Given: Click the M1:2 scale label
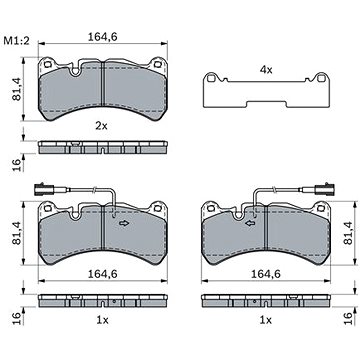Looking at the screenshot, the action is click(17, 41).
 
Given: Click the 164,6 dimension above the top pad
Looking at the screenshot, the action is click(103, 37).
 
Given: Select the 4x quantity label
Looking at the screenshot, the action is click(266, 70).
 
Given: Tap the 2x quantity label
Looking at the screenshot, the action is click(101, 126).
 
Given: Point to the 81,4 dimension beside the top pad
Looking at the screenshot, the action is click(17, 90).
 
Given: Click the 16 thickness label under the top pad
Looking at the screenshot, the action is click(17, 165).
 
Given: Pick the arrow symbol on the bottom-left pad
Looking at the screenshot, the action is click(124, 223).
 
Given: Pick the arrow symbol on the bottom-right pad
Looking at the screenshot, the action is click(250, 223).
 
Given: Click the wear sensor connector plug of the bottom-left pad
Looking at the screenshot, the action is click(42, 189).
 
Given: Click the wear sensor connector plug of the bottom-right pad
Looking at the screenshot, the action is click(326, 189).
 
